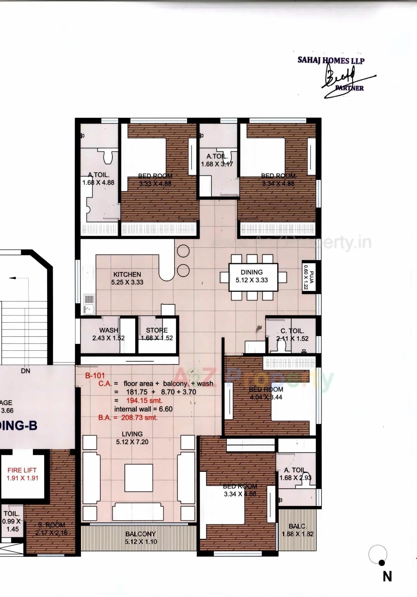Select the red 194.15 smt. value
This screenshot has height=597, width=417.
(x=144, y=401)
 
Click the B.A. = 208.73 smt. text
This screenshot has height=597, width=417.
(x=128, y=418)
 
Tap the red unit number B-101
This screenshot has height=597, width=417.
(x=95, y=375)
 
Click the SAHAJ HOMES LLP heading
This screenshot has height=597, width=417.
(x=331, y=60)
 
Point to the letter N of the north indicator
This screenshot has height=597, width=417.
(x=387, y=577)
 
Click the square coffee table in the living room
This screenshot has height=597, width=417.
(x=139, y=478)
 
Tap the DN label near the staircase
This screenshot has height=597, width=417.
(x=25, y=371)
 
